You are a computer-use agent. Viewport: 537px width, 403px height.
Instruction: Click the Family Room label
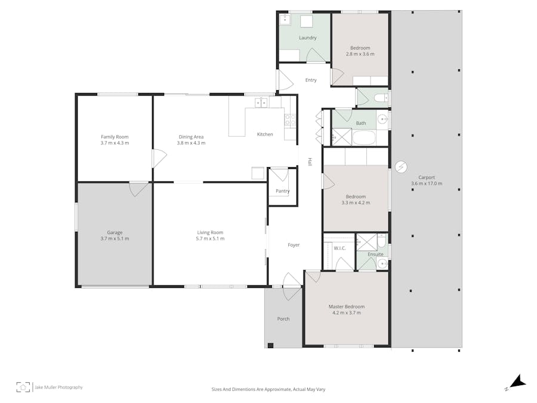tap(115, 137)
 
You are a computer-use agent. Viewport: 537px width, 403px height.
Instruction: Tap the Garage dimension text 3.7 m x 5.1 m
tap(115, 239)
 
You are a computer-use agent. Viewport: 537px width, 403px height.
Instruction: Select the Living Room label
tap(210, 232)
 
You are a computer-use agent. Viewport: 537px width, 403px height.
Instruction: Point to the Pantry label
tap(283, 191)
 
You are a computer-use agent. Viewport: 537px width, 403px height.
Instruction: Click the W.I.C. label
tap(340, 248)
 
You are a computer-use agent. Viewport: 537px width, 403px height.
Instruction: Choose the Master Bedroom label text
tap(346, 307)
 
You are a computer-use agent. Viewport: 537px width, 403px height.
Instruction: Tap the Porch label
tap(283, 319)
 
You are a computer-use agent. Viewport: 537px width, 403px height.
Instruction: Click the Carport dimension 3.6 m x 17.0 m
tap(427, 184)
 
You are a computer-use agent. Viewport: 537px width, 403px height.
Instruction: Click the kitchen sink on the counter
tap(261, 103)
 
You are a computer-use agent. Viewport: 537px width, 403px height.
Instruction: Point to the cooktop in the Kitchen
tap(290, 119)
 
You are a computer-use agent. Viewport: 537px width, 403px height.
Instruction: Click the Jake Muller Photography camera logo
tap(23, 387)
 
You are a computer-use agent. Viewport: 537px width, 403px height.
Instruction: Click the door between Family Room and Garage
tap(138, 189)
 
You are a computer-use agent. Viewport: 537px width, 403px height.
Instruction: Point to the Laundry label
tap(308, 38)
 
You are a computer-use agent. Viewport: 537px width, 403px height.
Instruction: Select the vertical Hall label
tap(310, 162)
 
